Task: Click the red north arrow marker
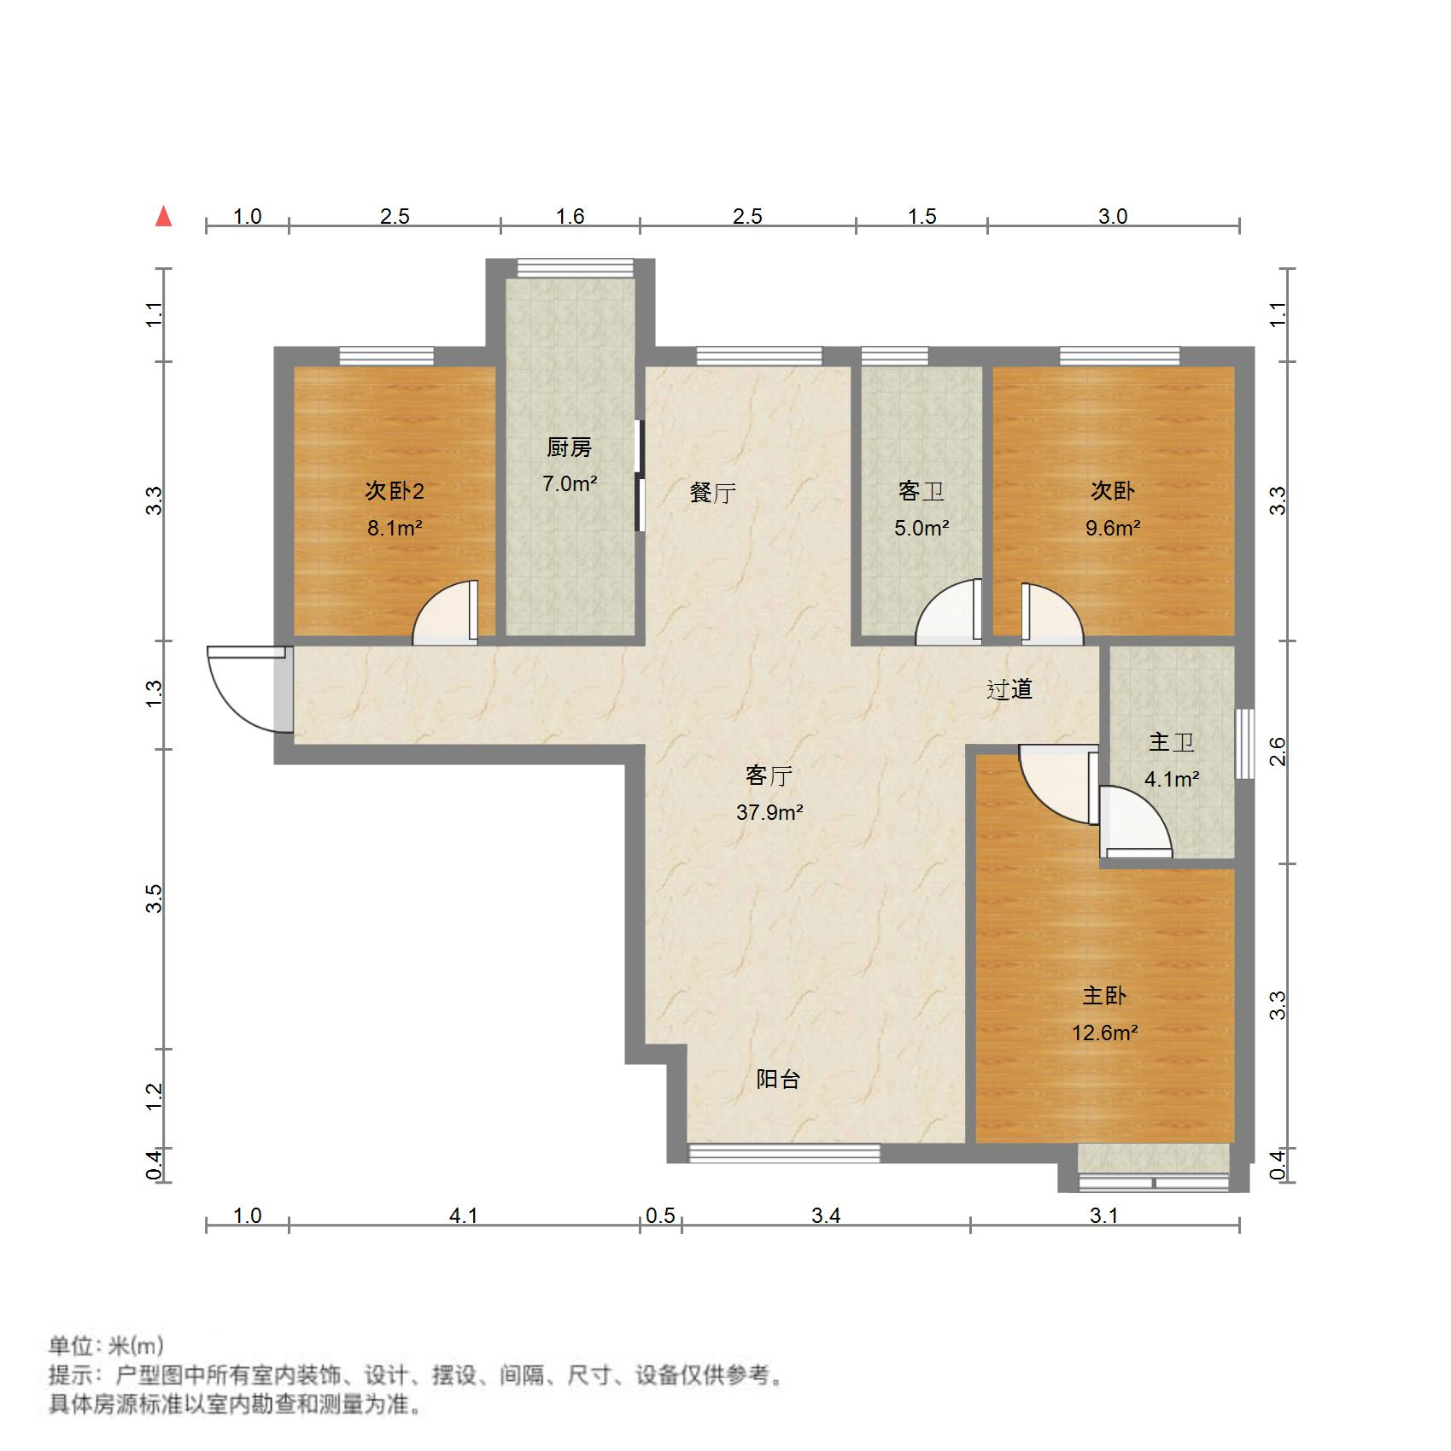tap(164, 217)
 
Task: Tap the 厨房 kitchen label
tap(569, 448)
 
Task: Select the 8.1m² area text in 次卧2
tap(395, 528)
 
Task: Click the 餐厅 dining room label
tap(713, 493)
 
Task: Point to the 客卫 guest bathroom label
tap(922, 491)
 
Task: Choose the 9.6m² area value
tap(1113, 528)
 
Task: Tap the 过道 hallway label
tap(1009, 689)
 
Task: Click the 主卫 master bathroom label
tap(1171, 742)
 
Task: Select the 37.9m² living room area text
tap(769, 812)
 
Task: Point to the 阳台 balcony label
tap(778, 1079)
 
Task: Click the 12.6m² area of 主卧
tap(1104, 1033)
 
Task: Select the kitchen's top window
tap(575, 267)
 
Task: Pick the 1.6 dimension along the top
tap(570, 217)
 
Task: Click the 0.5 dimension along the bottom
tap(660, 1215)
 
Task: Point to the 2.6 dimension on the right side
tap(1277, 752)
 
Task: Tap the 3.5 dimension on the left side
tap(155, 899)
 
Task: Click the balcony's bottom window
tap(784, 1154)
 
